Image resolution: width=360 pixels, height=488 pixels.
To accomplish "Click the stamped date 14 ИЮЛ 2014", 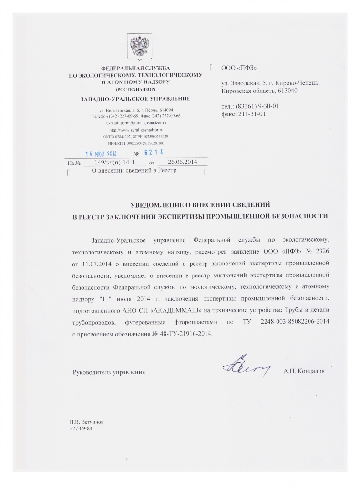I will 102,154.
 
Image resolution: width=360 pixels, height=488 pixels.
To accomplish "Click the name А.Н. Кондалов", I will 304,371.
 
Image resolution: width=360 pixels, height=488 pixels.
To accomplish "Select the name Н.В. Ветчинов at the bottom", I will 85,422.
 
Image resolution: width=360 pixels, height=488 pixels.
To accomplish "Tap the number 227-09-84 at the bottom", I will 80,428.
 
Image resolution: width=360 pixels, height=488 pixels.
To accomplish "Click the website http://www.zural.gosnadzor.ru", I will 136,130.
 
